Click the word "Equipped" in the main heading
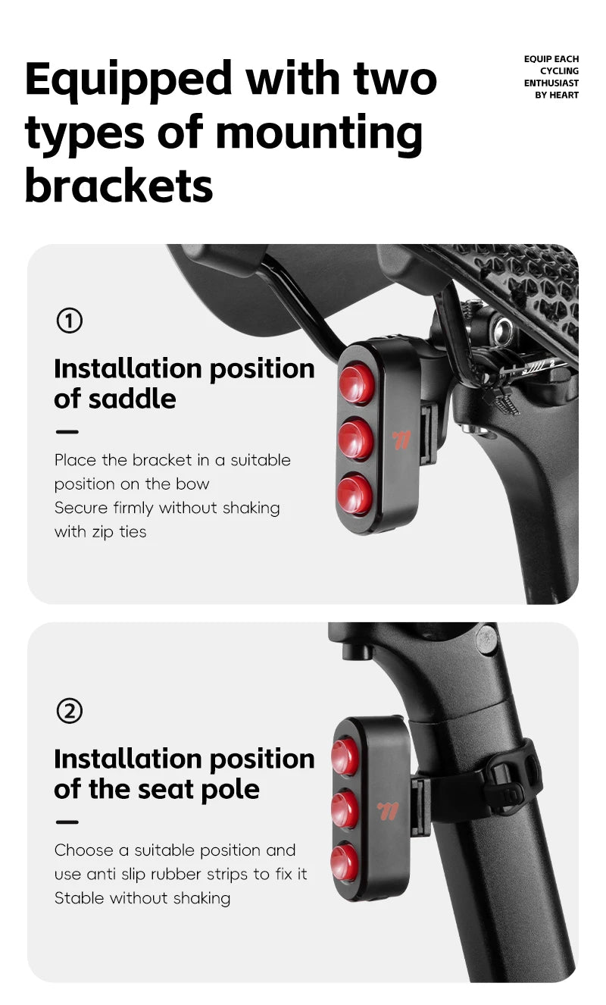pos(128,80)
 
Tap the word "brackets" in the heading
pos(119,185)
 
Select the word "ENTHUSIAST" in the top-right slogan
pos(551,83)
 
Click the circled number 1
pos(70,321)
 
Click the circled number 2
pos(70,711)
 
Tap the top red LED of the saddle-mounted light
pos(356,384)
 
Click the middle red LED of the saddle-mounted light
pos(356,439)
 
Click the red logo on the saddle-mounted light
pos(401,440)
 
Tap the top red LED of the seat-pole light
pos(345,756)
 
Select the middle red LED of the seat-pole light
pos(344,809)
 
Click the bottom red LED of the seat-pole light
pos(344,862)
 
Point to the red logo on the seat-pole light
pos(388,810)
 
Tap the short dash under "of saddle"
pos(67,432)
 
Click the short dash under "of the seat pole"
pos(67,822)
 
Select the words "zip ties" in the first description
pos(120,532)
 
